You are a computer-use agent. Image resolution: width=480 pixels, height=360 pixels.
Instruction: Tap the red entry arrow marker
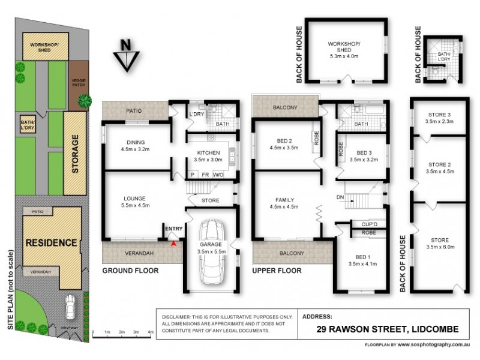pyautogui.click(x=174, y=243)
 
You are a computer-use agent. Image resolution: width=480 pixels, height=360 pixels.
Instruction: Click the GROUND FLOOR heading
pyautogui.click(x=130, y=271)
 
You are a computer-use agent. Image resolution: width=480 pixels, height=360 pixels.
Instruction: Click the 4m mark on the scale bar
pyautogui.click(x=151, y=331)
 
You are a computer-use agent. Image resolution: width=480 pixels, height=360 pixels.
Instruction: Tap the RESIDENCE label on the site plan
pyautogui.click(x=51, y=243)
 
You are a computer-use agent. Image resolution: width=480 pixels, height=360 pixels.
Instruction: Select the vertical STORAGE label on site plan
pyautogui.click(x=76, y=154)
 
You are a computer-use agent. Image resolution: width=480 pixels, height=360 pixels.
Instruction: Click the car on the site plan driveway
pyautogui.click(x=71, y=307)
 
